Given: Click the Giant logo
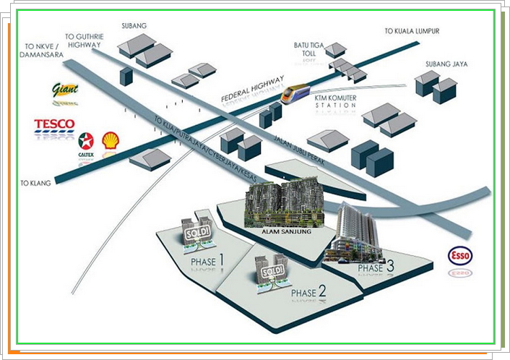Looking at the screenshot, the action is [x=64, y=90].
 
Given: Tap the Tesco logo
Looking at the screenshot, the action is [x=54, y=124].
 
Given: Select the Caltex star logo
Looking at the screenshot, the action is [x=85, y=140].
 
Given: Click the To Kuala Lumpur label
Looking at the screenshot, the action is [x=412, y=31].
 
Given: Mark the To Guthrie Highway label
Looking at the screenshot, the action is [x=84, y=39].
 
